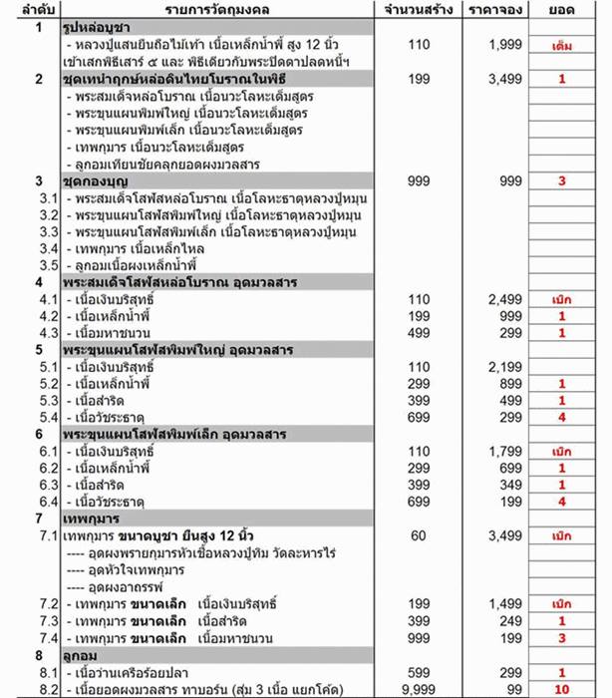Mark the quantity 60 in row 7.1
(419, 535)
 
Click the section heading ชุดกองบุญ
(91, 180)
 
